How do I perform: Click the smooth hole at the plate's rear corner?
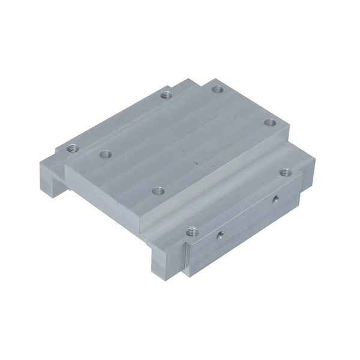(x=217, y=89)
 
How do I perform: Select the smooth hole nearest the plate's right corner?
(x=271, y=122)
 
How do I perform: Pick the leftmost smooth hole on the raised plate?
(x=106, y=154)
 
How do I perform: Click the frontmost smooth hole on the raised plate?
(x=158, y=191)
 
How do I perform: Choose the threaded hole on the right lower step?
(x=284, y=173)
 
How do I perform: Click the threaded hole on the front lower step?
(x=191, y=230)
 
